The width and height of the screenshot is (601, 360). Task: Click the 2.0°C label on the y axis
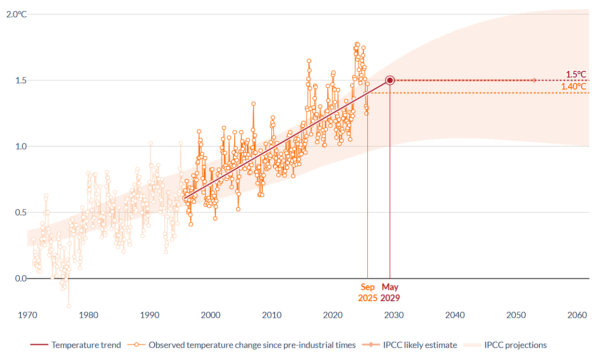click(x=16, y=14)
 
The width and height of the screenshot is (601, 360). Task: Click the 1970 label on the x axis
click(x=27, y=315)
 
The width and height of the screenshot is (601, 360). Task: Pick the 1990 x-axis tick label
click(x=150, y=315)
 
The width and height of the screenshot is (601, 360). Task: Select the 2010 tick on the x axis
click(x=272, y=315)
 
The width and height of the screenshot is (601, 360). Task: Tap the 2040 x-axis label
click(x=455, y=315)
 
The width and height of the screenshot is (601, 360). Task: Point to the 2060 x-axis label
click(x=577, y=315)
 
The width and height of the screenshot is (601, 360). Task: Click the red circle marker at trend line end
click(x=390, y=80)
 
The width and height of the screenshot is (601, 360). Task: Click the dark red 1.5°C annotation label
click(x=576, y=75)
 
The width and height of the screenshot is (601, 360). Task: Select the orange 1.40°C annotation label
click(x=574, y=87)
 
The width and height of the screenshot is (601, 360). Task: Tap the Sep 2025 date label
click(x=368, y=293)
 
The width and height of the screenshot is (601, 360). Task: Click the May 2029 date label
click(x=390, y=293)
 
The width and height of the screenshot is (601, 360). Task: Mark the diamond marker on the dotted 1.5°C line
click(x=534, y=80)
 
